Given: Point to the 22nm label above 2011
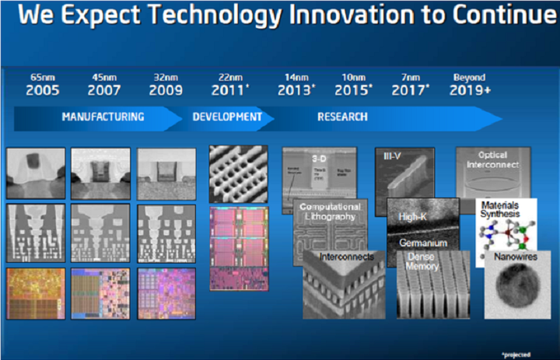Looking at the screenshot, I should point(230,78).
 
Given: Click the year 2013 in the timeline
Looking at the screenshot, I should point(295,90).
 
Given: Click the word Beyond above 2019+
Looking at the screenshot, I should point(469,78).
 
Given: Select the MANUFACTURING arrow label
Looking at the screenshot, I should point(103,117).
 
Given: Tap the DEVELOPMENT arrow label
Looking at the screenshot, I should point(227,117).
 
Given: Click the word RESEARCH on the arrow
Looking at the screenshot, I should point(342,117).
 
